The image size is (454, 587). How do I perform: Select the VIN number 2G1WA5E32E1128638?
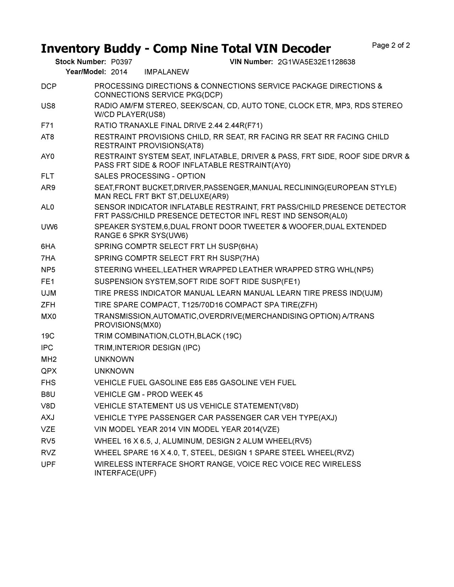tap(316, 62)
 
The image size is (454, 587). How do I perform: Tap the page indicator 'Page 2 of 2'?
tap(391, 45)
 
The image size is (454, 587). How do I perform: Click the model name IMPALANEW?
tap(167, 72)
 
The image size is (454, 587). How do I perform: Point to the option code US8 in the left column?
tap(48, 106)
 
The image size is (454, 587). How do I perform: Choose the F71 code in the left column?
tap(47, 125)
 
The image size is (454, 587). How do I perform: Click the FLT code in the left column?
tap(48, 176)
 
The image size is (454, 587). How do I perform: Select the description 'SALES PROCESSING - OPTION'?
tap(150, 176)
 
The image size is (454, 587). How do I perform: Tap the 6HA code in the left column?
tap(48, 246)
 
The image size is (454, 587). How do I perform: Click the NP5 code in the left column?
tap(48, 270)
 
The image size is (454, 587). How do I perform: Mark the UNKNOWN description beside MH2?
tap(114, 359)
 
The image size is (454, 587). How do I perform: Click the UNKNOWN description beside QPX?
tap(114, 371)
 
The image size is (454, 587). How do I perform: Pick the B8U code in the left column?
tap(48, 395)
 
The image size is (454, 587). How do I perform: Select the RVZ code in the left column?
tap(48, 453)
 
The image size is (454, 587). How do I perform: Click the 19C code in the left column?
tap(48, 336)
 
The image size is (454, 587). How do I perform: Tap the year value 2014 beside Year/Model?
tap(119, 72)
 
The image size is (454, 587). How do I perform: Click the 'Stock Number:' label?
tap(81, 62)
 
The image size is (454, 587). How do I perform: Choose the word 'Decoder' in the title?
tap(305, 49)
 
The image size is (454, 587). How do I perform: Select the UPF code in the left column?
tap(48, 464)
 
